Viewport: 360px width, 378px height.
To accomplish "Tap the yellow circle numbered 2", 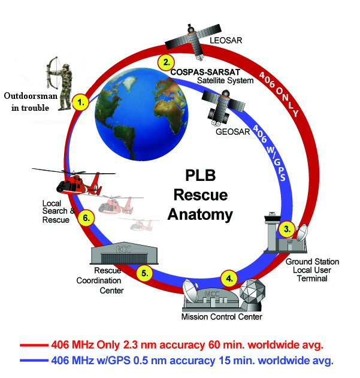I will point(165,62).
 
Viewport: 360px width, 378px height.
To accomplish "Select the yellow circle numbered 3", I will point(288,228).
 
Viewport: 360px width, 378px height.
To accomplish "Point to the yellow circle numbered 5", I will point(144,273).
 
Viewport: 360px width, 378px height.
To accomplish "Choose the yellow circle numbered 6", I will point(87,218).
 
